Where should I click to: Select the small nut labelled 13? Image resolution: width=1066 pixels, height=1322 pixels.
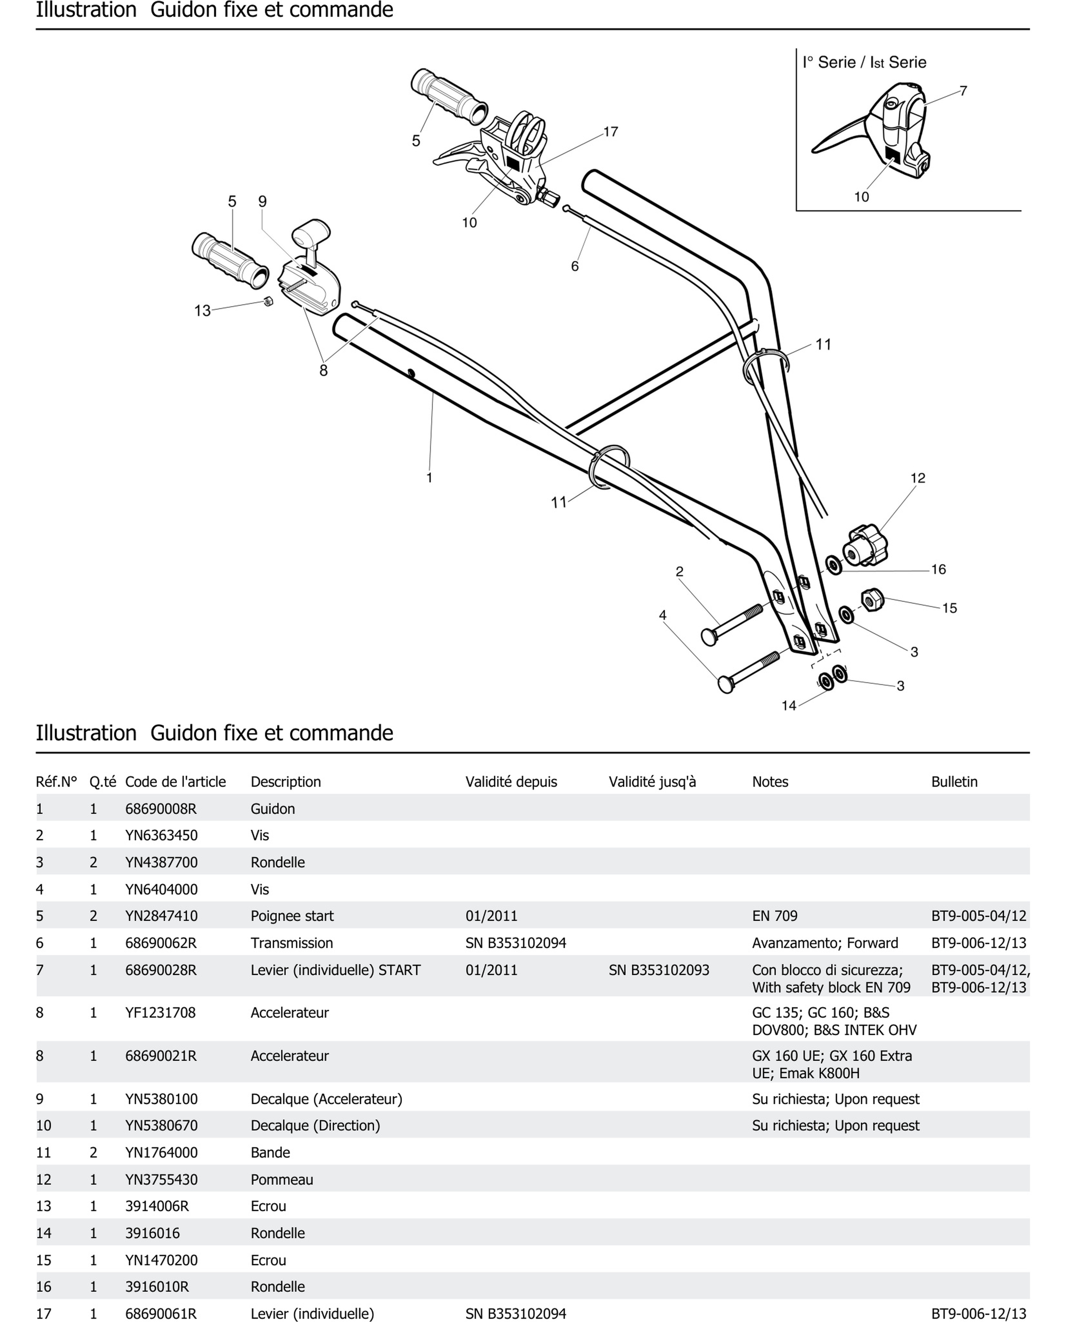pos(268,301)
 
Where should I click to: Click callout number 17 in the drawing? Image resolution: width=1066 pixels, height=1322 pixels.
pos(610,132)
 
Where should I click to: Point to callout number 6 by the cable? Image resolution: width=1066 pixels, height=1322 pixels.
pos(575,266)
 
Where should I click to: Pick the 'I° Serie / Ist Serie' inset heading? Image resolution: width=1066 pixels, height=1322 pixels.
pos(864,63)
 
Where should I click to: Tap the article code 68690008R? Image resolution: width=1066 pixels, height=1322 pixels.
pos(161,809)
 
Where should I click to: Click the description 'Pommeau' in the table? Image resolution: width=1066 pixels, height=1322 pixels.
pos(282,1179)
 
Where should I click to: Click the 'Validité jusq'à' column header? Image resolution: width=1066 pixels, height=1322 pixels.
pos(652,782)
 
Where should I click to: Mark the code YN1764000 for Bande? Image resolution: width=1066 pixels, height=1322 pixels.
pos(162,1152)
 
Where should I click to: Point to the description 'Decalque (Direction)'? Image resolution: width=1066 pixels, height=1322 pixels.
pos(315,1126)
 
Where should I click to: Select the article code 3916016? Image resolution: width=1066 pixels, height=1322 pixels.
pos(152,1233)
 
